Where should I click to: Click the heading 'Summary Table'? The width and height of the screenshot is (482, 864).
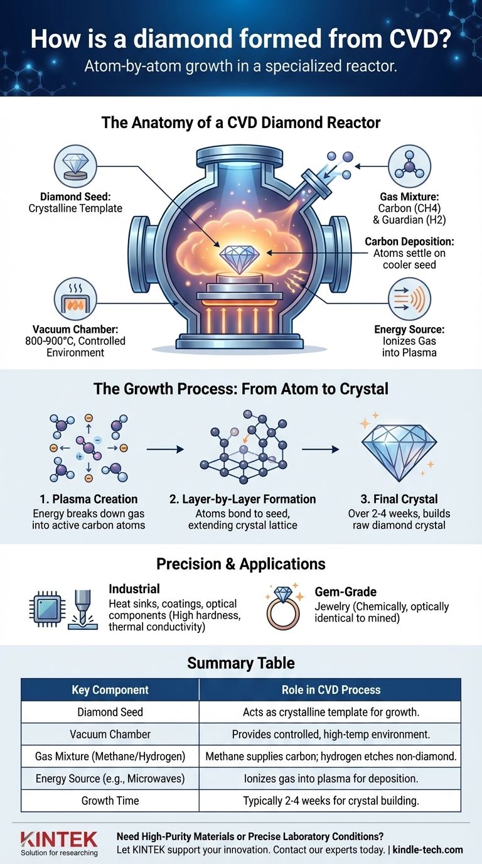241,662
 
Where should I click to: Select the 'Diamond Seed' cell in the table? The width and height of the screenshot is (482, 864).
110,712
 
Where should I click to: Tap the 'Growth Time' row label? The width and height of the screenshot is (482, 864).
110,801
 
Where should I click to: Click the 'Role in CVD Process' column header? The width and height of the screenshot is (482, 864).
330,689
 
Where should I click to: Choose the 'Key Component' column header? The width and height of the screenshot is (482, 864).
110,689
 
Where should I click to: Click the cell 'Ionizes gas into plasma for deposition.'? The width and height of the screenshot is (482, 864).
330,779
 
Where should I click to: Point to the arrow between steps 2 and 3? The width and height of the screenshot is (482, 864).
320,450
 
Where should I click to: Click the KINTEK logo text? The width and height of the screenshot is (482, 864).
59,840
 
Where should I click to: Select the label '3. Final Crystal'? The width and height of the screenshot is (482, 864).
400,499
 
